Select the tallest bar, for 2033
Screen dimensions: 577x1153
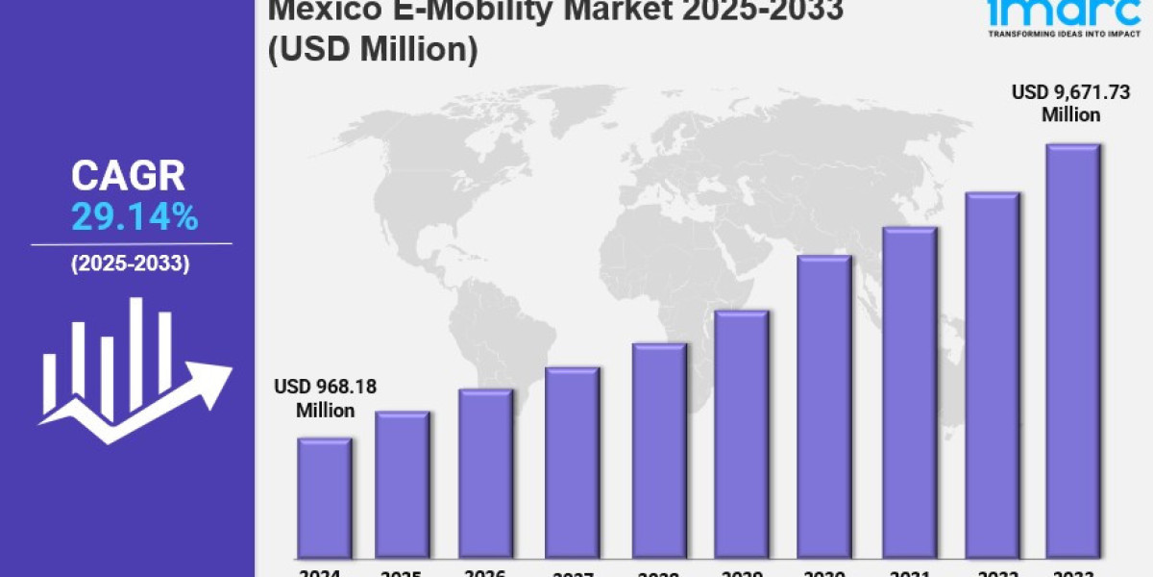pyautogui.click(x=1072, y=351)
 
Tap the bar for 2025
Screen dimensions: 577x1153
pyautogui.click(x=403, y=485)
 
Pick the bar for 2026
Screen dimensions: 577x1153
pyautogui.click(x=485, y=473)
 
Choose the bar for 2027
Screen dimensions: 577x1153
pyautogui.click(x=572, y=463)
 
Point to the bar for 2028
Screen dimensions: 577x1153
pyautogui.click(x=659, y=450)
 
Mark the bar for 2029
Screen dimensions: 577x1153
pyautogui.click(x=741, y=434)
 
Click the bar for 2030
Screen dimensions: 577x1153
pyautogui.click(x=824, y=407)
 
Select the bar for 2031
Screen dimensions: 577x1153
pyautogui.click(x=909, y=392)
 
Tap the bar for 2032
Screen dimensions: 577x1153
pyautogui.click(x=992, y=375)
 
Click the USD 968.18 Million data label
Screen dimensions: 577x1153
pyautogui.click(x=325, y=398)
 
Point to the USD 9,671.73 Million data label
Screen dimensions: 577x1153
pyautogui.click(x=1070, y=103)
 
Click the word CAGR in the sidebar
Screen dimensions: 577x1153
pyautogui.click(x=128, y=177)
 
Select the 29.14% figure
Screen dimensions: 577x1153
pyautogui.click(x=135, y=218)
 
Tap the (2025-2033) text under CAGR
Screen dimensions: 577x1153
pyautogui.click(x=131, y=263)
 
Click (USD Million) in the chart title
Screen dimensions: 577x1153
pyautogui.click(x=373, y=51)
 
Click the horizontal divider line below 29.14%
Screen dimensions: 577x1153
pyautogui.click(x=131, y=244)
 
